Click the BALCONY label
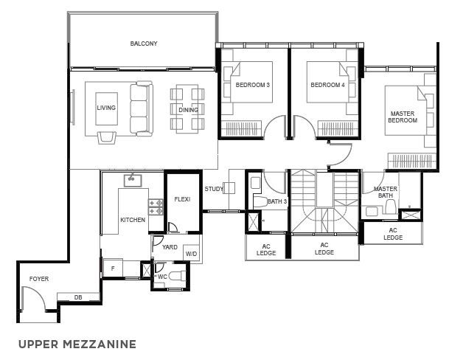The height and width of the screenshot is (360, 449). point(144,44)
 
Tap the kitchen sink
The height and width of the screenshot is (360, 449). point(133,181)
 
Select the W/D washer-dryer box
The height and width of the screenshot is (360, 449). point(191,253)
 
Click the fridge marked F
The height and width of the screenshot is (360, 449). point(113,269)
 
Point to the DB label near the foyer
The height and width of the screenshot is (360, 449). point(78,297)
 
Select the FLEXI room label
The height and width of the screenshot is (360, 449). point(182,199)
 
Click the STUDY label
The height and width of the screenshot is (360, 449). point(214,189)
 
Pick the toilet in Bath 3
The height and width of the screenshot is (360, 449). point(260,202)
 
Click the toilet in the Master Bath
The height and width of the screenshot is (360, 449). point(390,207)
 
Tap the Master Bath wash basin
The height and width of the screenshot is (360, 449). point(372,212)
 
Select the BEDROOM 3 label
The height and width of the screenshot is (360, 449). point(253,85)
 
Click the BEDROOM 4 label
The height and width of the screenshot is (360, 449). point(327,85)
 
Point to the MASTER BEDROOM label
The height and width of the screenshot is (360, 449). point(403,117)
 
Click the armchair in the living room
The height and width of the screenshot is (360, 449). point(107,137)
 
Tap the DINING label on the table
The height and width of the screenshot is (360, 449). point(188,110)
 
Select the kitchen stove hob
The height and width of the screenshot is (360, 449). point(156,207)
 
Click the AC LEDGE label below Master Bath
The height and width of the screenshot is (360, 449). point(393,234)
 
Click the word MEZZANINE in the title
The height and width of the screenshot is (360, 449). point(99,344)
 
